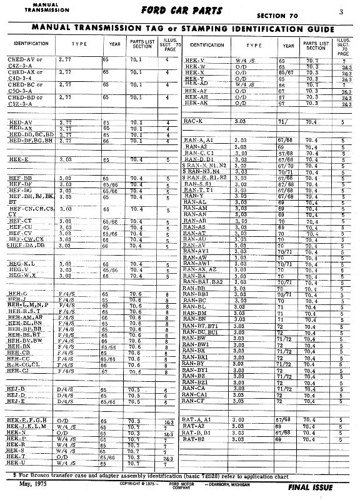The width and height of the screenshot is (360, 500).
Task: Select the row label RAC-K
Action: click(194, 120)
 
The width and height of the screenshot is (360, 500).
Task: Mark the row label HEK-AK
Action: click(196, 102)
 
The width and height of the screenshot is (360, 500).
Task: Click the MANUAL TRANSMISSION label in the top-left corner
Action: click(29, 7)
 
